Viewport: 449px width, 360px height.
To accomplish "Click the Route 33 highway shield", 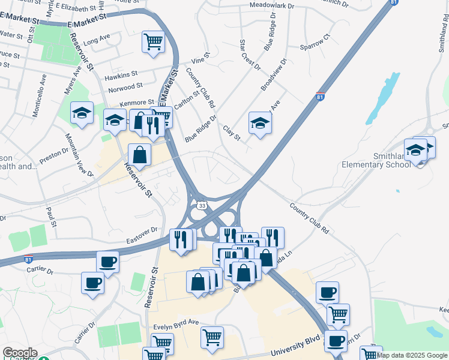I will click(200, 205).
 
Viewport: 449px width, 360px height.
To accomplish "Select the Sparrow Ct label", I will click(316, 42).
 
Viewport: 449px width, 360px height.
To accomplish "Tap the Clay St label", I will click(231, 133).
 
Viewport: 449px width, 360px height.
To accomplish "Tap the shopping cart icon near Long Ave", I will click(152, 42).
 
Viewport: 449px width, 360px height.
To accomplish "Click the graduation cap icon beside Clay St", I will click(259, 122).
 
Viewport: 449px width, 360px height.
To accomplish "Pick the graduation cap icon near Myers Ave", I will click(81, 113).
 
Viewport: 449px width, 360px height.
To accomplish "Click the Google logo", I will click(20, 353).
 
